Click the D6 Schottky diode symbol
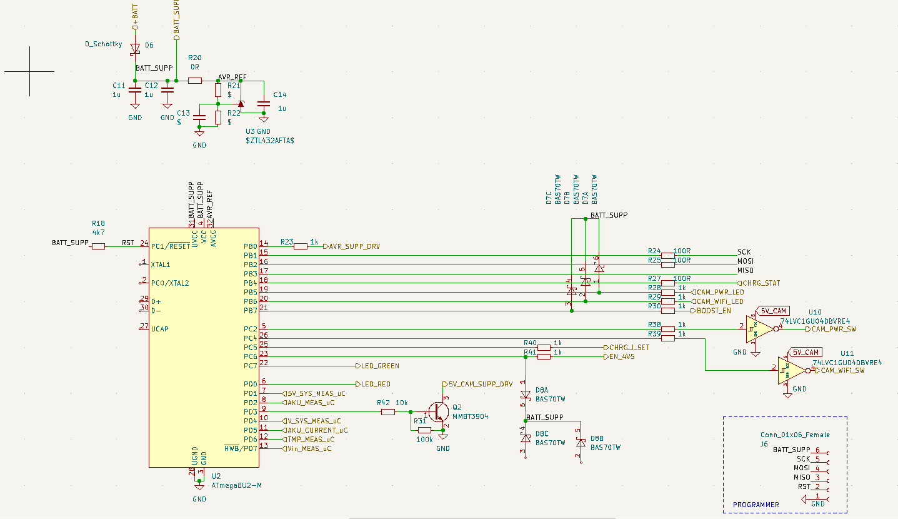tap(134, 48)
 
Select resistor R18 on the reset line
tap(98, 246)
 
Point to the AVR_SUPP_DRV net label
tap(354, 246)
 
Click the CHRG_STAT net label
tap(758, 283)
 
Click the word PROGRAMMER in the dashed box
tap(756, 505)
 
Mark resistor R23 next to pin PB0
tap(301, 246)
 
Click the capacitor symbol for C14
tap(264, 103)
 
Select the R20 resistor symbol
tap(195, 80)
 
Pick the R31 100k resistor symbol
tap(424, 430)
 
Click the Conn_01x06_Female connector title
tap(795, 435)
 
